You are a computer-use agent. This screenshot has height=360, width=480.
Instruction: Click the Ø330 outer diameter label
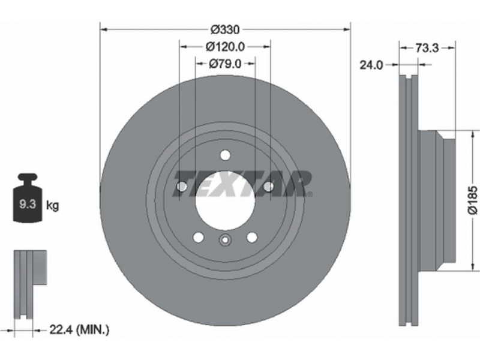click(226, 29)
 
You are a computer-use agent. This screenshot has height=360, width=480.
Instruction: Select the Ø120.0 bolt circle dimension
click(226, 47)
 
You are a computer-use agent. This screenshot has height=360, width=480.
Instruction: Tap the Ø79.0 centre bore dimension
click(225, 64)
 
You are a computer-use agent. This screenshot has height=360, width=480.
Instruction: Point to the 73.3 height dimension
click(427, 48)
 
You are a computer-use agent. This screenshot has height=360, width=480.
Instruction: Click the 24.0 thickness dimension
click(371, 65)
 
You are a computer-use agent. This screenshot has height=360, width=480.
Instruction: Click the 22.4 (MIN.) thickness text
click(79, 329)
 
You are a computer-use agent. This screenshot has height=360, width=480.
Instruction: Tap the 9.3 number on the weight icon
click(28, 203)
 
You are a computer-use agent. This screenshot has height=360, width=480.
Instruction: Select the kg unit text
click(52, 205)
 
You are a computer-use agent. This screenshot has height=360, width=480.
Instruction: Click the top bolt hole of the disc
click(226, 155)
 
